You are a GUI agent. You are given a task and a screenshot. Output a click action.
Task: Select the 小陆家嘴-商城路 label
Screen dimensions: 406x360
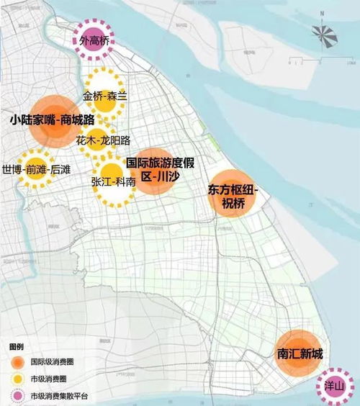55,119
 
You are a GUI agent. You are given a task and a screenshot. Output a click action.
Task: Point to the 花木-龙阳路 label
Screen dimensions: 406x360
102,140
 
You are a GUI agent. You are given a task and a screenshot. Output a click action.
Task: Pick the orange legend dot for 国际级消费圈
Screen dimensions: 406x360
16,361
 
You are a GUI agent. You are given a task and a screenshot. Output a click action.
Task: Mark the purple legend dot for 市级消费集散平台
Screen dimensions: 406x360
16,394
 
